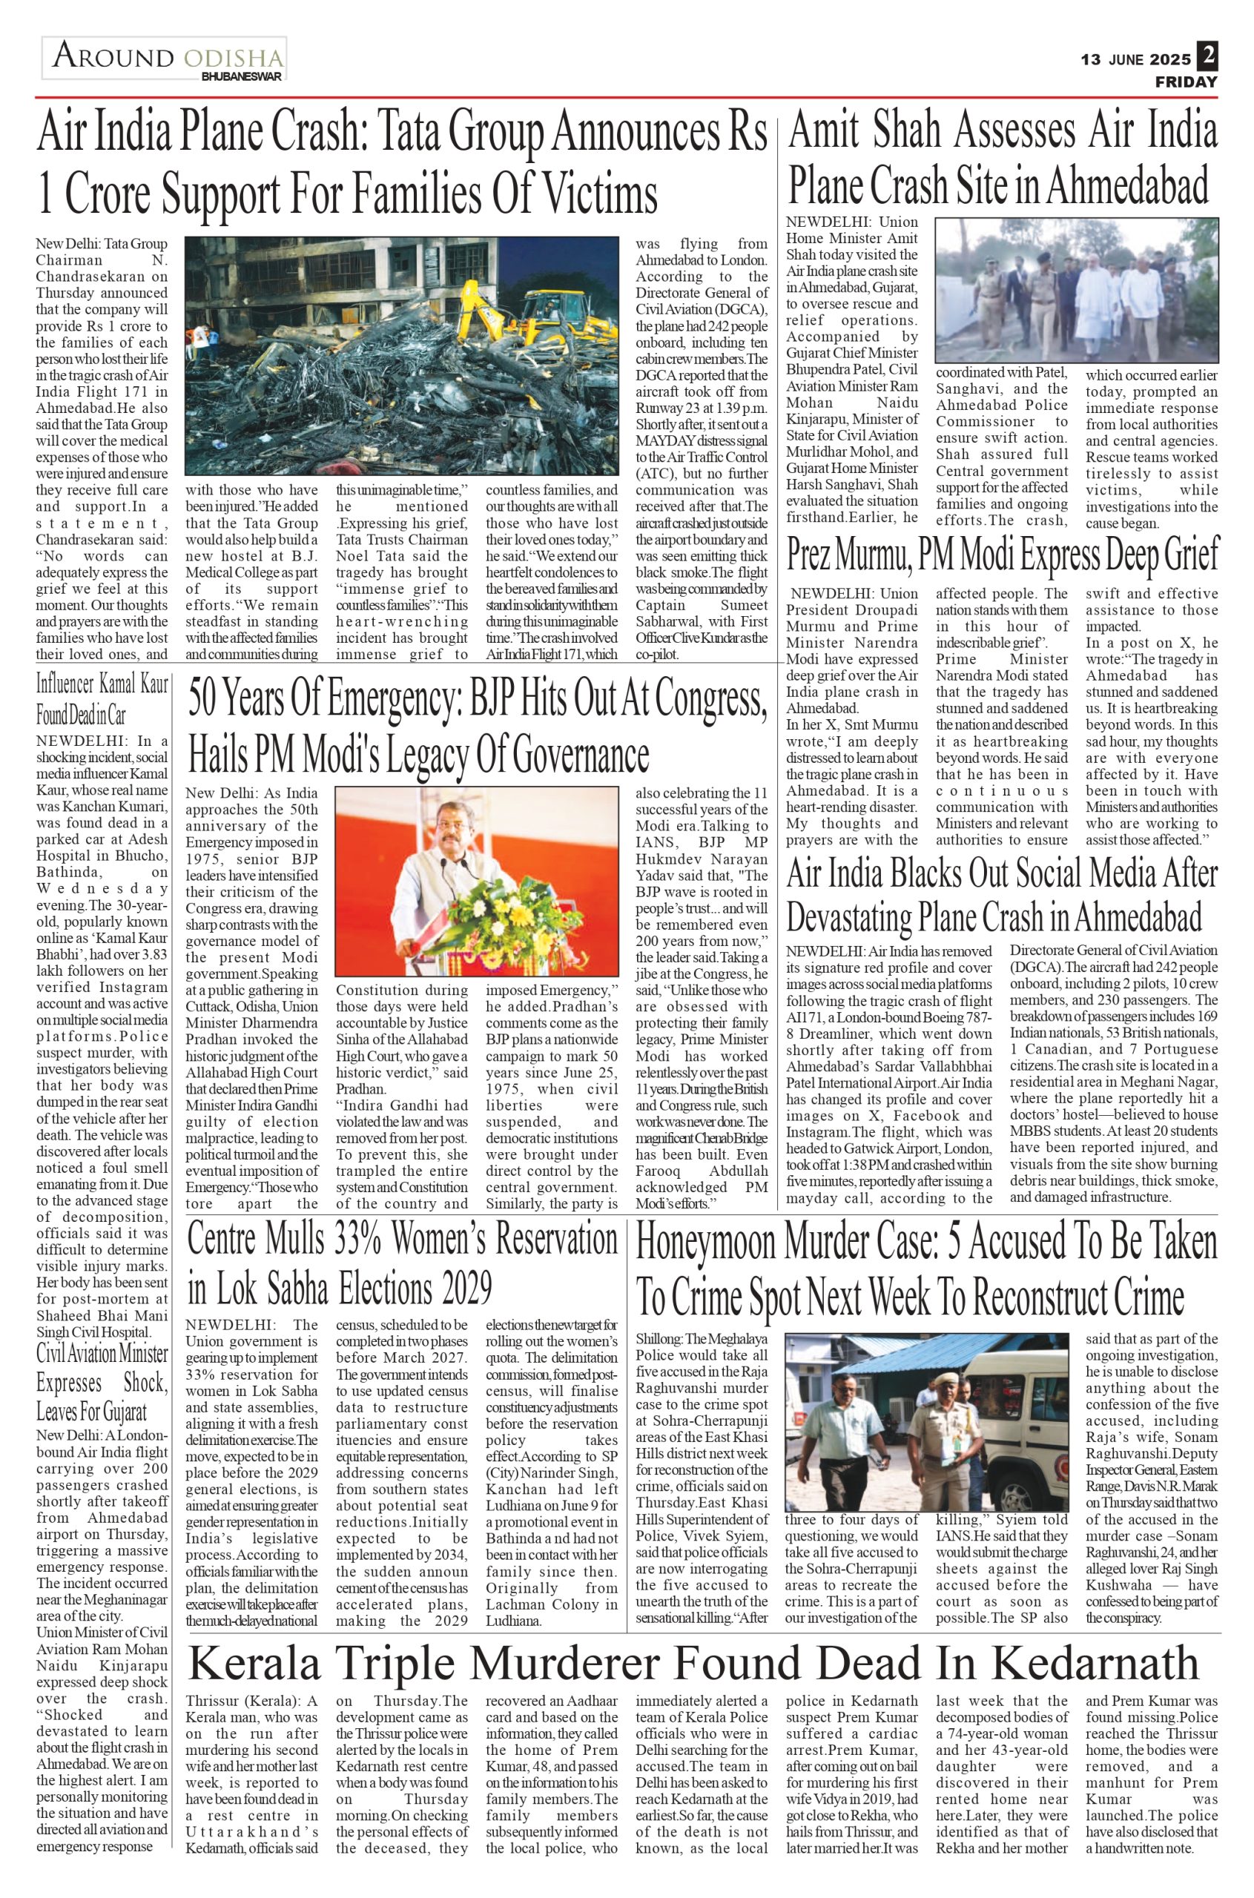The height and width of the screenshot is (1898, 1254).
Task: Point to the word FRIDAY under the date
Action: click(1186, 82)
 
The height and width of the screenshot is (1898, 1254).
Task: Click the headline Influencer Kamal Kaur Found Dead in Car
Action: click(102, 698)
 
